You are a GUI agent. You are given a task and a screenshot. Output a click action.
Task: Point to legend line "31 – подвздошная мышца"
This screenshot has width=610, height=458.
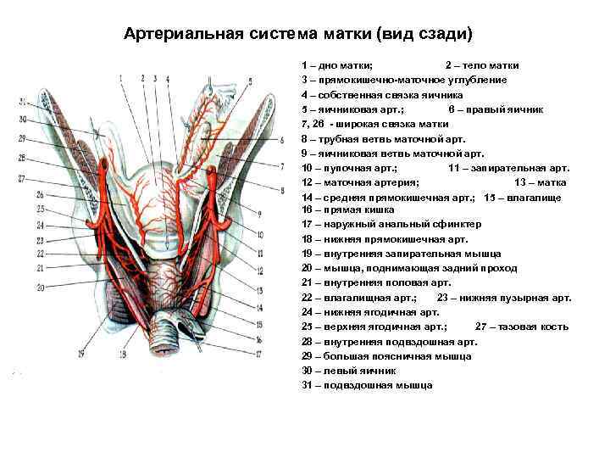coord(366,385)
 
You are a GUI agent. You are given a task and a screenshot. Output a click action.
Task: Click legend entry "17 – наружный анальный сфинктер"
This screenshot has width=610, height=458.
coord(391,225)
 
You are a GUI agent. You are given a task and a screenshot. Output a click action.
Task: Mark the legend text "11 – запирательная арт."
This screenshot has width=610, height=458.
coord(508,168)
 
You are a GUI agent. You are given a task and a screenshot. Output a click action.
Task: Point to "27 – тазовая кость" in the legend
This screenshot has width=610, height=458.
coord(526,327)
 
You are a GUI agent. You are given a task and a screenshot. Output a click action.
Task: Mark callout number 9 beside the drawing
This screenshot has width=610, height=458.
coord(258,213)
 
